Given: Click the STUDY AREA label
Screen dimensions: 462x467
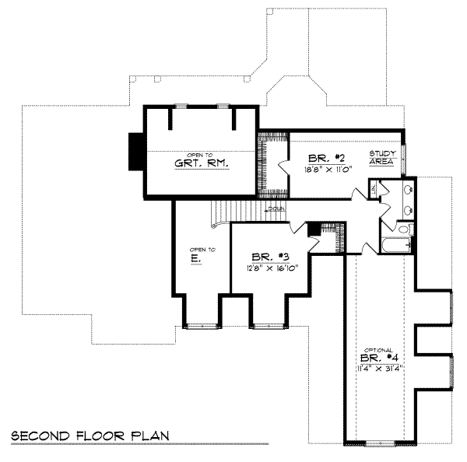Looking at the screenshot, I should tap(383, 157).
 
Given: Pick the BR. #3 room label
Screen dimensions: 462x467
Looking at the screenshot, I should tap(265, 256).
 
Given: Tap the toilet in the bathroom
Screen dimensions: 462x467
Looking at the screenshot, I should tap(403, 228).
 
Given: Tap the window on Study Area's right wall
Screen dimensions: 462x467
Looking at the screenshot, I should tap(406, 159).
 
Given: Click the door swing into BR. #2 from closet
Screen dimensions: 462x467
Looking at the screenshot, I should tap(282, 165).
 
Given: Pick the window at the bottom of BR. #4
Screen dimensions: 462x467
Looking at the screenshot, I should tap(379, 443).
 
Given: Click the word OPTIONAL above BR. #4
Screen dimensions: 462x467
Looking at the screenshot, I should tap(379, 349).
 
